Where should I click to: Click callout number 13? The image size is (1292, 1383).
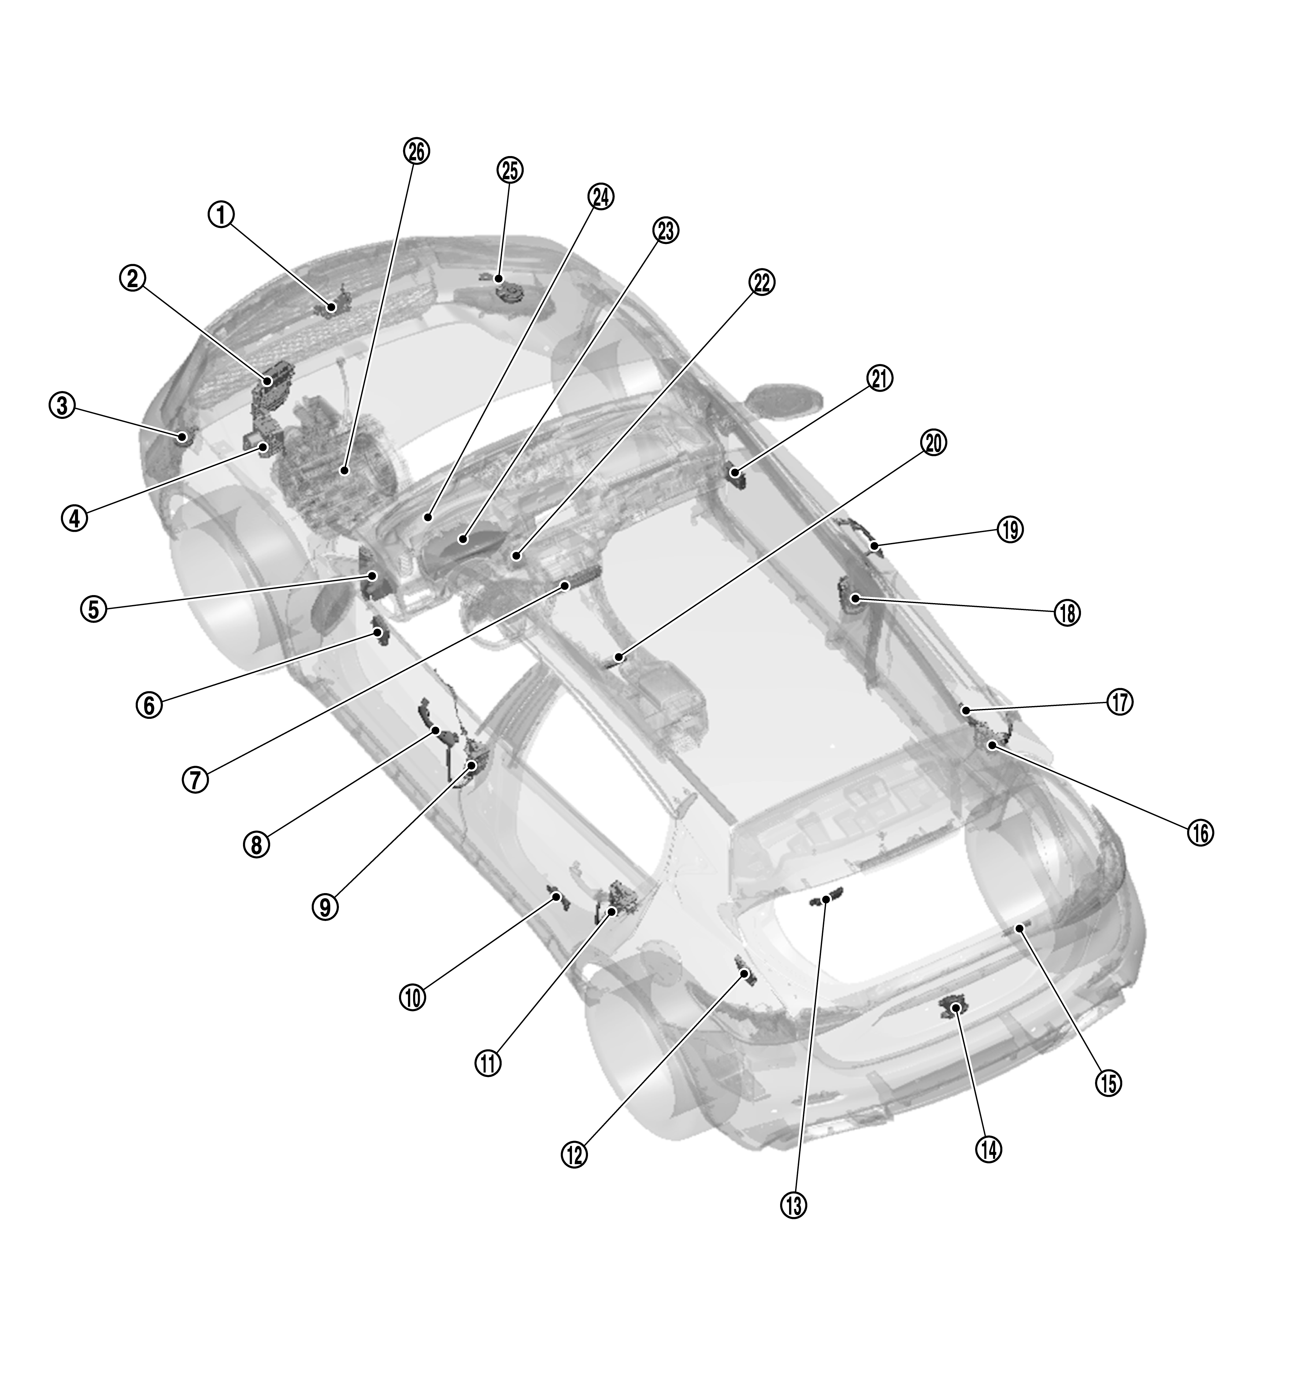click(x=793, y=1206)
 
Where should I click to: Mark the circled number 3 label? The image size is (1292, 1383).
click(x=62, y=405)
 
